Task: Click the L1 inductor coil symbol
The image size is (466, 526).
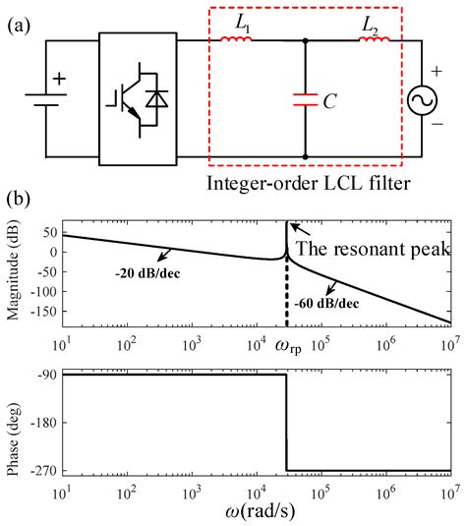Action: tap(237, 40)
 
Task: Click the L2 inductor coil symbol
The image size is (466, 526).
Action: tap(376, 40)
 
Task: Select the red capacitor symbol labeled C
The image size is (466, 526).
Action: tap(305, 98)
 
